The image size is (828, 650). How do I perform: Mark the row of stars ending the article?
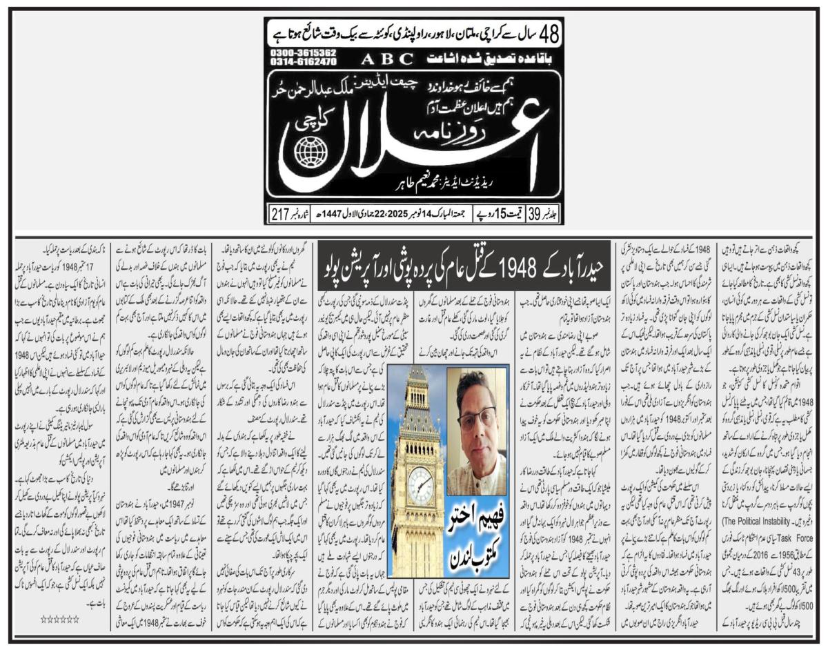click(x=59, y=619)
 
